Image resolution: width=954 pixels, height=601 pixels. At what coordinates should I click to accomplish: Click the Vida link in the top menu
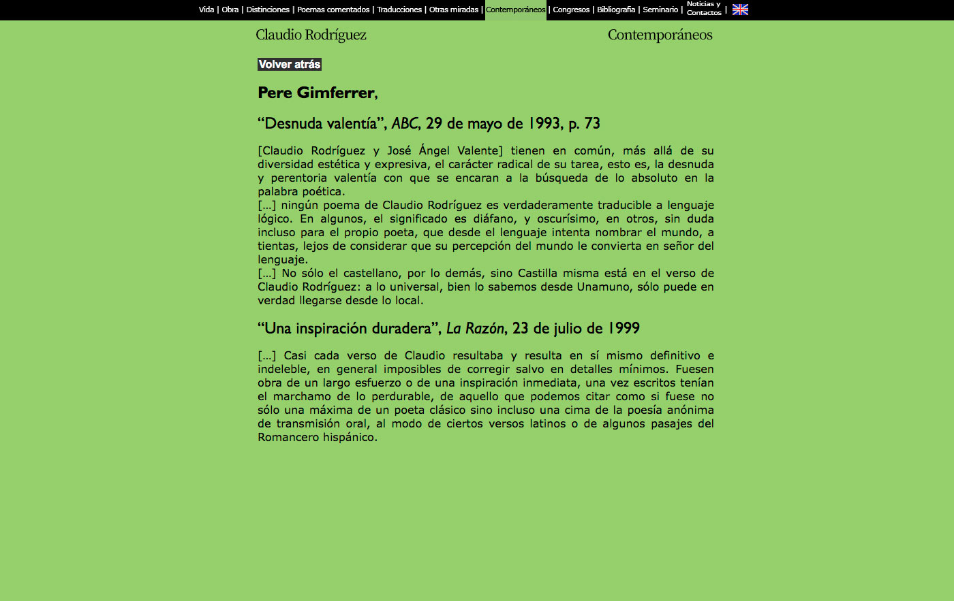(206, 10)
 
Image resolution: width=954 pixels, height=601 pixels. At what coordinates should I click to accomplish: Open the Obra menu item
(230, 10)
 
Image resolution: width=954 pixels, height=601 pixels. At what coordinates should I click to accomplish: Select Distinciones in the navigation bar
(268, 10)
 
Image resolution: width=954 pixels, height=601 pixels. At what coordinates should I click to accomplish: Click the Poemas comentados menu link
(333, 10)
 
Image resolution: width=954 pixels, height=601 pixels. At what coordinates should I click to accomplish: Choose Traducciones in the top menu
(399, 10)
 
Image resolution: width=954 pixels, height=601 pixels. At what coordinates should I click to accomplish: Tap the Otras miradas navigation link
(454, 10)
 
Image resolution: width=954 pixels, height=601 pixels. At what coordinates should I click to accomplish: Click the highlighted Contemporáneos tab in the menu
(516, 10)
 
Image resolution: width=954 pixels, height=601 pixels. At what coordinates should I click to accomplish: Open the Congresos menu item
(571, 10)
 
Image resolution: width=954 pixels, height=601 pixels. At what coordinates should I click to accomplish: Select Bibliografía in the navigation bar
(616, 10)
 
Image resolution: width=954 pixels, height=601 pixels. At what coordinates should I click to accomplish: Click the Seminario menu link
(660, 10)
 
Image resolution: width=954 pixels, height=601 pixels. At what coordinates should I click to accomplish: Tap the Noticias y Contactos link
(704, 9)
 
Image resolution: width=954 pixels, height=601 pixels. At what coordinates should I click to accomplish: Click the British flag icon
(740, 10)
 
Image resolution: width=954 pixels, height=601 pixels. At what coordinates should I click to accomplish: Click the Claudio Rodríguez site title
(311, 35)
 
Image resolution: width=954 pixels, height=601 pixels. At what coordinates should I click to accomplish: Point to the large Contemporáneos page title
(660, 35)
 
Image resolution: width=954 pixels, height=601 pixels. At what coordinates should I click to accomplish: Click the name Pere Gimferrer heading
(316, 93)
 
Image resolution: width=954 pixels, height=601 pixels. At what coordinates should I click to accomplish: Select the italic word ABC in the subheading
(404, 124)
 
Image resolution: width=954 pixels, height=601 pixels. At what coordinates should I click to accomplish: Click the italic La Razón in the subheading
(475, 329)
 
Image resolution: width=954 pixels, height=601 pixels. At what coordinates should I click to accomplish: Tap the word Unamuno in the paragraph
(604, 287)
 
